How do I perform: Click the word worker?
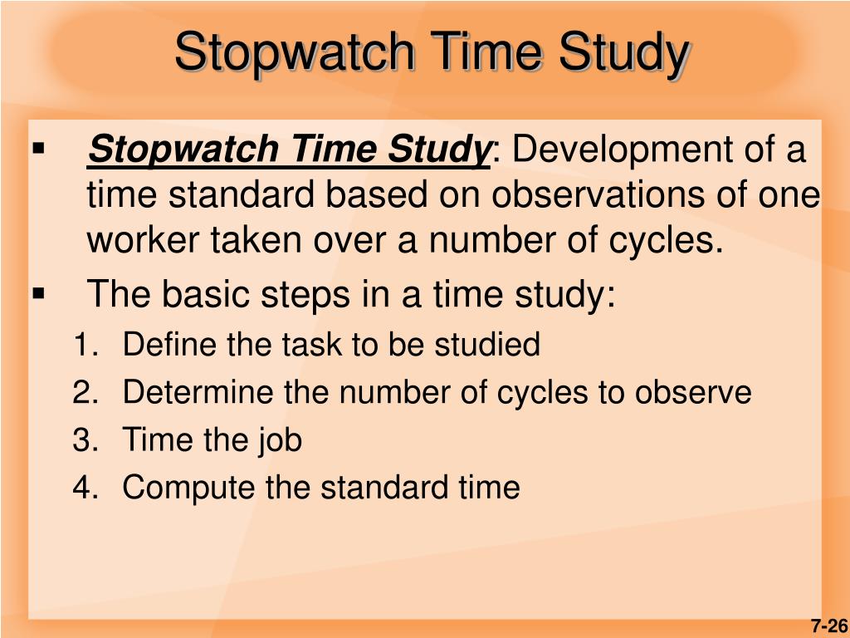click(x=141, y=240)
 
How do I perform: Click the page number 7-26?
click(x=828, y=626)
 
